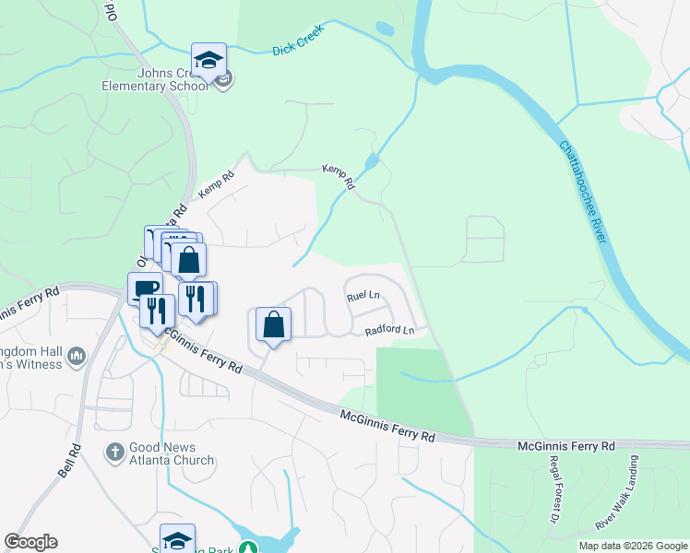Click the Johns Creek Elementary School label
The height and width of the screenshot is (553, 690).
[161, 80]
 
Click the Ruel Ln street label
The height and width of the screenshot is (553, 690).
[363, 297]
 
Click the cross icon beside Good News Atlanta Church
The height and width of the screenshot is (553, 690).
[113, 452]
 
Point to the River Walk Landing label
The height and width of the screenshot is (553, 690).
[616, 507]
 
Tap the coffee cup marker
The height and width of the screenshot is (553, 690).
[145, 288]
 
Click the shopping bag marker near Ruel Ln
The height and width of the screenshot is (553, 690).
[273, 324]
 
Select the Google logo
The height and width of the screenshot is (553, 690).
[30, 542]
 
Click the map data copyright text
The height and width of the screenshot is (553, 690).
[633, 546]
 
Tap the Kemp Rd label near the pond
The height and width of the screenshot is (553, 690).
[339, 175]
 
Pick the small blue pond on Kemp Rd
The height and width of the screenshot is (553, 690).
[371, 163]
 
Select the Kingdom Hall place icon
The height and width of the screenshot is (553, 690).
[77, 355]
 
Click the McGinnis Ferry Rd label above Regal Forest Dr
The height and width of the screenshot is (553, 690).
[566, 446]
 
